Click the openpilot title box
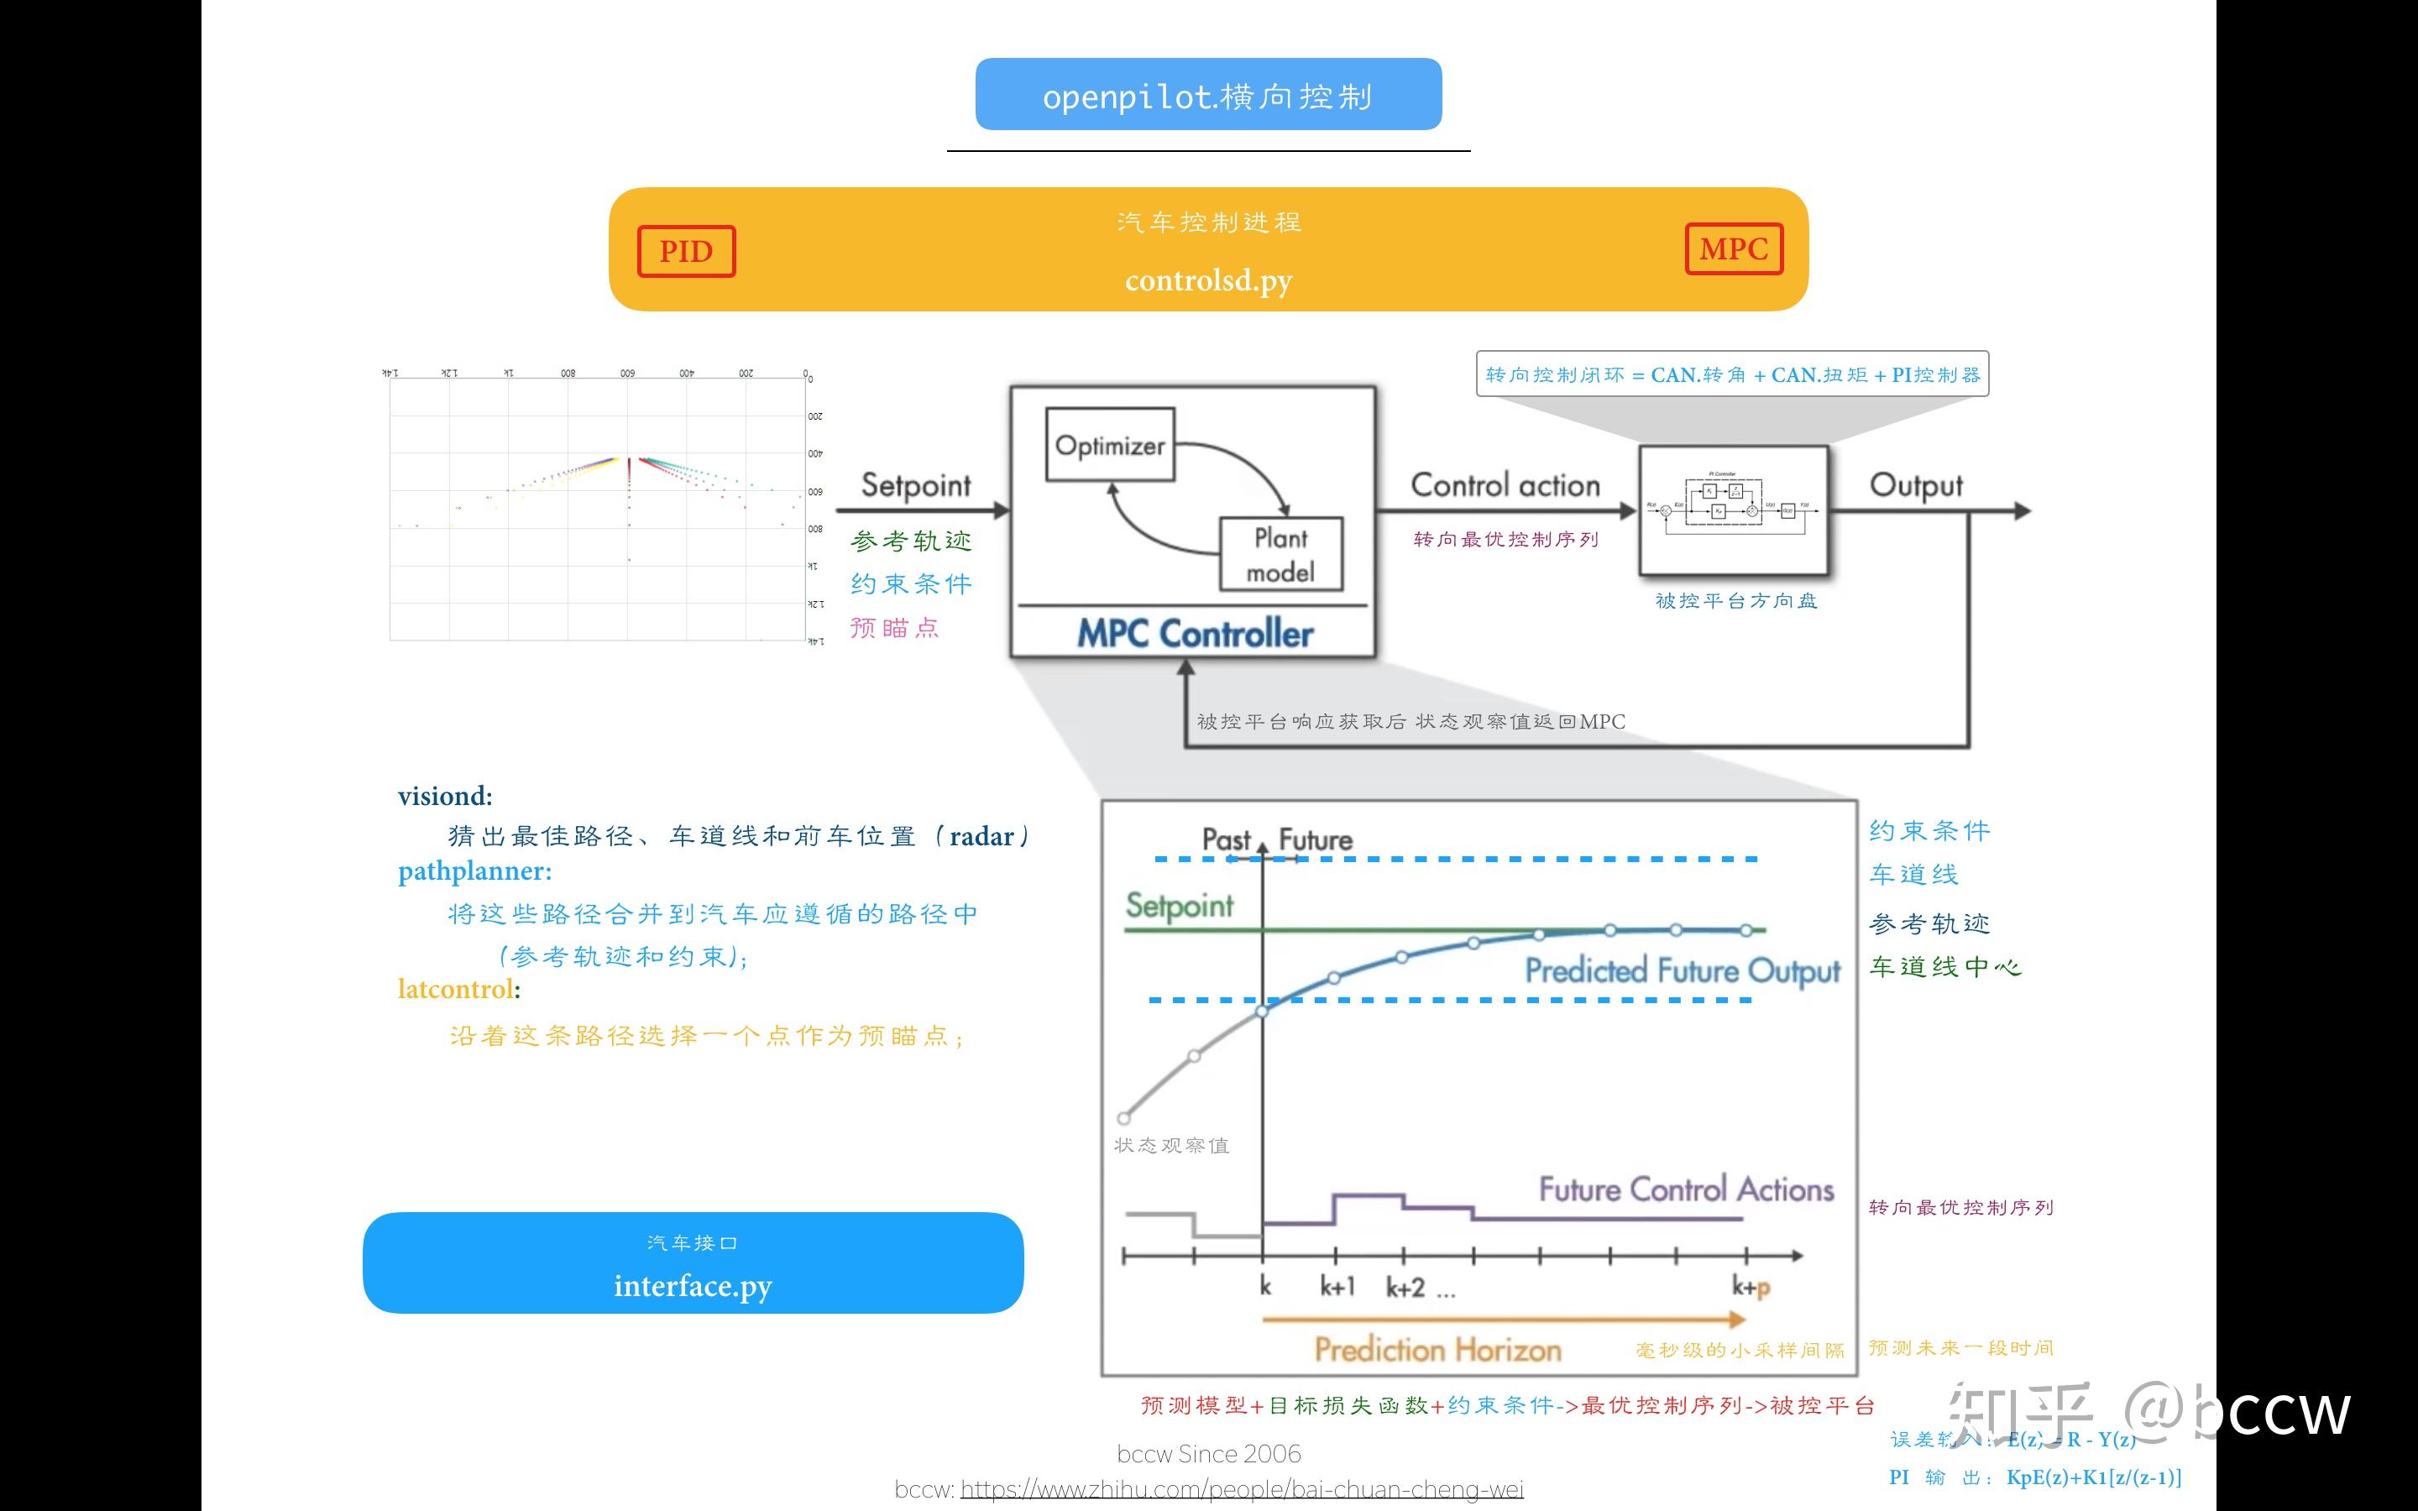pyautogui.click(x=1208, y=95)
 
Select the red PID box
pyautogui.click(x=687, y=251)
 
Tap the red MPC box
pyautogui.click(x=1734, y=248)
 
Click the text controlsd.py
pyautogui.click(x=1208, y=281)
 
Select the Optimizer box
pyautogui.click(x=1109, y=445)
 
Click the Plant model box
pyautogui.click(x=1281, y=555)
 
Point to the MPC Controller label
pyautogui.click(x=1194, y=634)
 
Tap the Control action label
pyautogui.click(x=1505, y=486)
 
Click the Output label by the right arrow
pyautogui.click(x=1915, y=486)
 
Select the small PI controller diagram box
pyautogui.click(x=1734, y=510)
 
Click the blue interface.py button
pyautogui.click(x=693, y=1263)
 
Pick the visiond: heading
pyautogui.click(x=445, y=797)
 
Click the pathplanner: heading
pyautogui.click(x=474, y=871)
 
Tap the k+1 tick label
pyautogui.click(x=1337, y=1287)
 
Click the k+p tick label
pyautogui.click(x=1751, y=1287)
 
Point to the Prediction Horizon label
pyautogui.click(x=1437, y=1350)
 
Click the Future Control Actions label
pyautogui.click(x=1686, y=1190)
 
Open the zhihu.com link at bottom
pyautogui.click(x=1241, y=1490)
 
